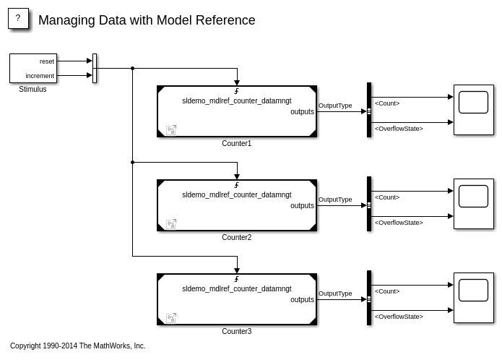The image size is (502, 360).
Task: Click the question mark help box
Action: (18, 19)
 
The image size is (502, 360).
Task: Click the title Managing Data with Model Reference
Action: (147, 20)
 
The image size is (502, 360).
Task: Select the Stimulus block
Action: (33, 68)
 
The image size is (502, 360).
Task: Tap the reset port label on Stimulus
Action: (47, 61)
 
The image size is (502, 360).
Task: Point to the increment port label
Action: (40, 76)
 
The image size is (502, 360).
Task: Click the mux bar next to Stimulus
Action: (95, 69)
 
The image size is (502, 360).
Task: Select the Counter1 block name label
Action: (236, 144)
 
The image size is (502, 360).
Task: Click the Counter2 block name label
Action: (236, 238)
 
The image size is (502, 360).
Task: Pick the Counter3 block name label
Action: (236, 332)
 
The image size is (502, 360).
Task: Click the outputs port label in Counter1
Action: (302, 112)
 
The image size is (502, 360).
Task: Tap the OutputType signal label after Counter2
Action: (335, 200)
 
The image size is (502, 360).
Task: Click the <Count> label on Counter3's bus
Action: (387, 291)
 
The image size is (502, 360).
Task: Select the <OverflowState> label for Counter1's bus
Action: (399, 129)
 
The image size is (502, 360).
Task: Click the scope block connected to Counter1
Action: (473, 110)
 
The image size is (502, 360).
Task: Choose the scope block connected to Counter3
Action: (473, 298)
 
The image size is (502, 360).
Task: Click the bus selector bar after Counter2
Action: (369, 204)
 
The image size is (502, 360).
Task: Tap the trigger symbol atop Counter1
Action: (237, 92)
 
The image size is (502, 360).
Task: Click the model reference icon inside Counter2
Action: (171, 224)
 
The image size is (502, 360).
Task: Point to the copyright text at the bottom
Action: (78, 346)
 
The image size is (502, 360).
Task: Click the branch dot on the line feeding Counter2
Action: (133, 163)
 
